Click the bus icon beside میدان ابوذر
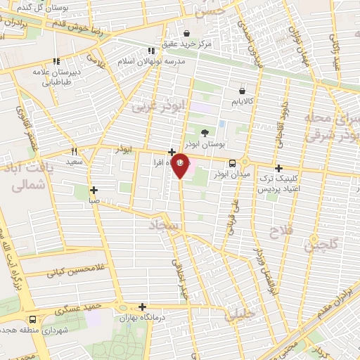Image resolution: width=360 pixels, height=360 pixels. coord(233,165)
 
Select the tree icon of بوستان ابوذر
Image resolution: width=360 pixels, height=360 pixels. coord(205,131)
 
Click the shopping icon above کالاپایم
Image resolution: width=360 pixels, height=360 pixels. coord(242,90)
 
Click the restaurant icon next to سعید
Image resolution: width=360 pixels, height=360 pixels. coord(74,150)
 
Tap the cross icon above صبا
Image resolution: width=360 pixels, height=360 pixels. coord(94,189)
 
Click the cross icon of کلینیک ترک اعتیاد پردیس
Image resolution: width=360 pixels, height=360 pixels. coord(279,168)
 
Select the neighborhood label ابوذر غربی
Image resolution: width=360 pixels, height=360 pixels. coord(153,105)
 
